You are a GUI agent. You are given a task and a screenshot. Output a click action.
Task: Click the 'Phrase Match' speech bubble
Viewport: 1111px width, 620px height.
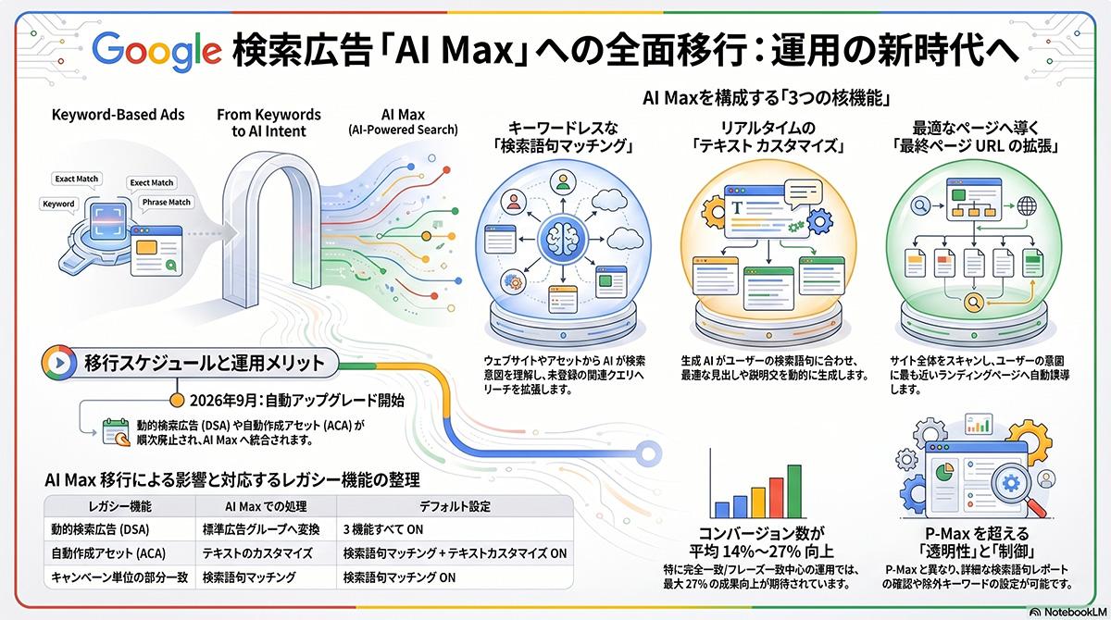pos(166,202)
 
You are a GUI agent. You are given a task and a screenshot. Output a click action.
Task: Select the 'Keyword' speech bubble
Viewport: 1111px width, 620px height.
pos(59,204)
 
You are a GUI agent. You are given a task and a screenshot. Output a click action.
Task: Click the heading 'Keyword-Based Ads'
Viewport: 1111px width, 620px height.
pos(118,116)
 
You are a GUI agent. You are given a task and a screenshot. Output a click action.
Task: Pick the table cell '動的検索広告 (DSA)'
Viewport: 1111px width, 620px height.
pos(102,530)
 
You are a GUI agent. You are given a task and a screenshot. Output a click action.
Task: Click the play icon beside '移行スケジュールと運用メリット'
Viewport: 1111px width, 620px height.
pos(57,360)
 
